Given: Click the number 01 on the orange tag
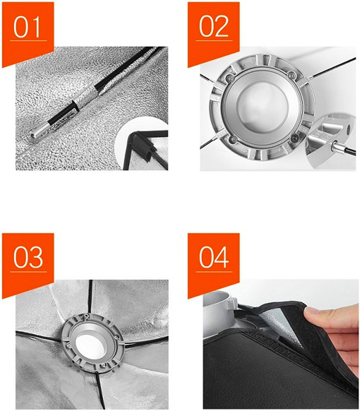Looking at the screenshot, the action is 27,27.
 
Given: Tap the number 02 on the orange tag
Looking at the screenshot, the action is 213,26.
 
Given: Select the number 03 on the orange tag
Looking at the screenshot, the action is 28,257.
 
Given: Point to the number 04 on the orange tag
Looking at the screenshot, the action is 213,257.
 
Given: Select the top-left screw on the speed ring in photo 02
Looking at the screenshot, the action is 230,78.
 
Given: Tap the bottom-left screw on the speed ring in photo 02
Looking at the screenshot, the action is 232,139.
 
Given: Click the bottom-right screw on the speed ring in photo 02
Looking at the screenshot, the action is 295,137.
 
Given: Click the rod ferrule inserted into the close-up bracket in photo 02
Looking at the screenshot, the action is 336,146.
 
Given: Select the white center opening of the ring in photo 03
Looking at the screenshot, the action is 91,346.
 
